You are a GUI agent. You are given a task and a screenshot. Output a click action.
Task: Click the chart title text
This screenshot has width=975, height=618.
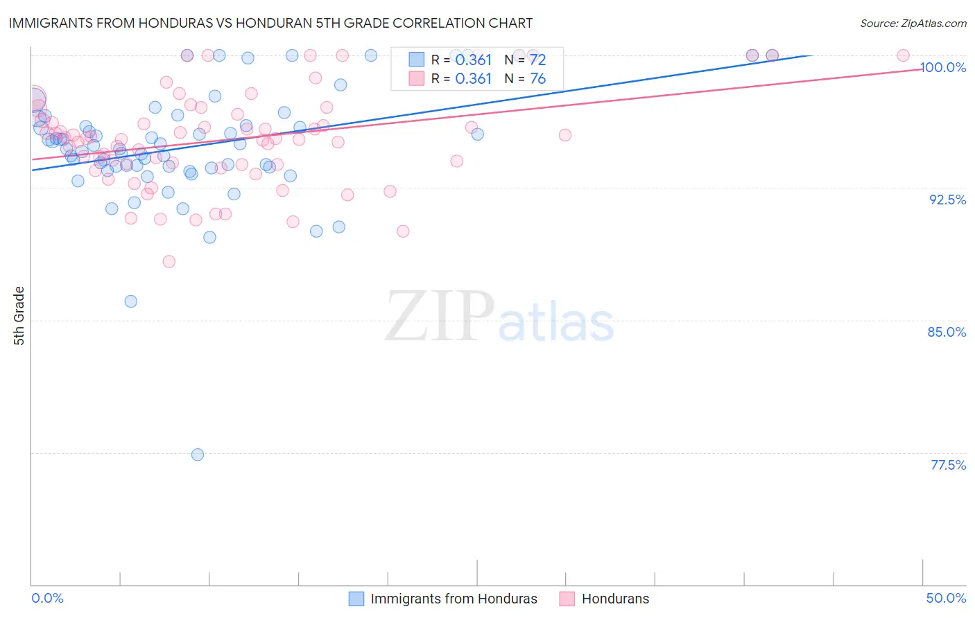pyautogui.click(x=270, y=23)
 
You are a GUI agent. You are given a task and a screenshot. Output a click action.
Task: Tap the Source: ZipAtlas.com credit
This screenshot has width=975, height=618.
pyautogui.click(x=913, y=23)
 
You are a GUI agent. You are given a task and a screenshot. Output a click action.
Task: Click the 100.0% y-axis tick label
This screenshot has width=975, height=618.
pyautogui.click(x=943, y=67)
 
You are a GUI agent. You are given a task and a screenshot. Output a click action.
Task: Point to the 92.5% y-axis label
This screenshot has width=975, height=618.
pyautogui.click(x=947, y=200)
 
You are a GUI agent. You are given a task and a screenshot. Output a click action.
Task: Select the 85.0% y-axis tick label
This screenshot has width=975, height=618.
pyautogui.click(x=947, y=332)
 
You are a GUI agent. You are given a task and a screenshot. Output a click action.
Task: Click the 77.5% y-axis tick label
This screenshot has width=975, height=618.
pyautogui.click(x=948, y=465)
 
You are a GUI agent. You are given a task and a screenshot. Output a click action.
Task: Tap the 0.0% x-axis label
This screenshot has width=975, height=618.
pyautogui.click(x=47, y=598)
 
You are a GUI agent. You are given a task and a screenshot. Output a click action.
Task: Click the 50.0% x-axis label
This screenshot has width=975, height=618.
pyautogui.click(x=946, y=598)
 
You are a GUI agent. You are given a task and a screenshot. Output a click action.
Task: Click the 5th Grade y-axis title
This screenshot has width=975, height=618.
pyautogui.click(x=19, y=315)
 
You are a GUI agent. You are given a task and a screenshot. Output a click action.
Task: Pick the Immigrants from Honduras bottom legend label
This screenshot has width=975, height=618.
pyautogui.click(x=454, y=599)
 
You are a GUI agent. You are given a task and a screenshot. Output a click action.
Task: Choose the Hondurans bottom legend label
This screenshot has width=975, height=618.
pyautogui.click(x=615, y=599)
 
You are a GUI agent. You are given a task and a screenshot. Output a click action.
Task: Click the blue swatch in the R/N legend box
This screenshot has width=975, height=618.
pyautogui.click(x=416, y=60)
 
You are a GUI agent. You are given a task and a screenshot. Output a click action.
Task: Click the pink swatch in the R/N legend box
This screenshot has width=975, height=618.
pyautogui.click(x=416, y=78)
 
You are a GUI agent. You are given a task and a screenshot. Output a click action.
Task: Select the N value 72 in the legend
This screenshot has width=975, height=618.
pyautogui.click(x=538, y=60)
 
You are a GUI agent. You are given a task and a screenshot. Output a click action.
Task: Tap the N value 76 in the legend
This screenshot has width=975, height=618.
pyautogui.click(x=538, y=78)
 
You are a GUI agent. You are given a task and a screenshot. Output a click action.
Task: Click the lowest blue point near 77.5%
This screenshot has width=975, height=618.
pyautogui.click(x=198, y=454)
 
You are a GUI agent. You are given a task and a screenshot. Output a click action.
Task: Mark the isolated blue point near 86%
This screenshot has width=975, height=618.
pyautogui.click(x=130, y=301)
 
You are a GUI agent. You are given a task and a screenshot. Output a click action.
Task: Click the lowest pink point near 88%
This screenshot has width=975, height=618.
pyautogui.click(x=169, y=261)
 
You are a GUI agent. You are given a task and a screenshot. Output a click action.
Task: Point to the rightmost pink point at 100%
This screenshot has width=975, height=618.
pyautogui.click(x=903, y=55)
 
